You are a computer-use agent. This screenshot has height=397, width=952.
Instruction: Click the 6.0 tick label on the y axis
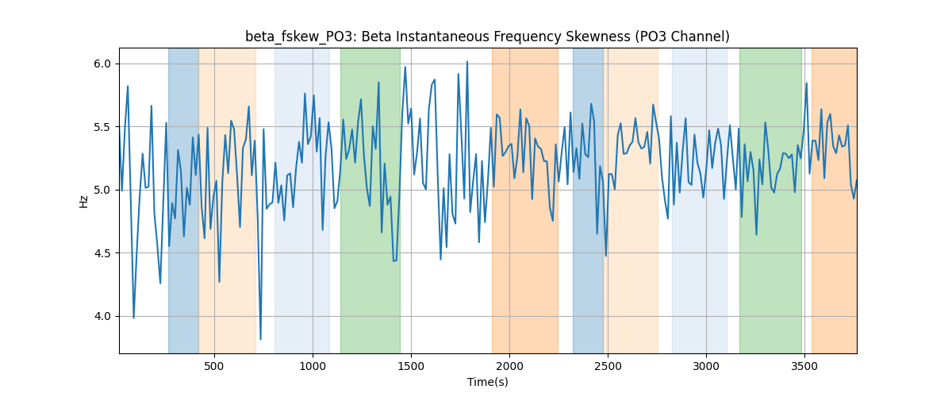tap(102, 64)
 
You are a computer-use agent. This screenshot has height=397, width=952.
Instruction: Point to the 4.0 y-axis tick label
tap(102, 317)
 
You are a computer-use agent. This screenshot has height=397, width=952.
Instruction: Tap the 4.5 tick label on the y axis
tap(102, 253)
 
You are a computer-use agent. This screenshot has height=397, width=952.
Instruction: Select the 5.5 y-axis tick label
tap(102, 127)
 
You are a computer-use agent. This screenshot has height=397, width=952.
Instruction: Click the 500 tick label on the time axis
tap(214, 366)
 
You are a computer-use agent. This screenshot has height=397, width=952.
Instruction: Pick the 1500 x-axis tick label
tap(411, 366)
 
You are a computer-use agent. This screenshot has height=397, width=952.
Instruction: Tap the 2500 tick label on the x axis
tap(608, 366)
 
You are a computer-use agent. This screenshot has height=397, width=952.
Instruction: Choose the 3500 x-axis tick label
tap(804, 366)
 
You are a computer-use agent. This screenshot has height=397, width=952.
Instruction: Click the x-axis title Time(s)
tap(488, 382)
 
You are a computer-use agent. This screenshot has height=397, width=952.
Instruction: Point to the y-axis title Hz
tap(84, 202)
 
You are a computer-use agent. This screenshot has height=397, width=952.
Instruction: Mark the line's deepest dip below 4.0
tap(260, 340)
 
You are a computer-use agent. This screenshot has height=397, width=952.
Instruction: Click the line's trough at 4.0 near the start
tap(133, 318)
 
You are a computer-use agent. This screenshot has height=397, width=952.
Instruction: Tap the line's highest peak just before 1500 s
tap(405, 67)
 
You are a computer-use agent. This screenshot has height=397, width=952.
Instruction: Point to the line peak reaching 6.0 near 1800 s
tap(467, 61)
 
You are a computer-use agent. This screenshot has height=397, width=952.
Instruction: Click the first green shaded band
tap(370, 200)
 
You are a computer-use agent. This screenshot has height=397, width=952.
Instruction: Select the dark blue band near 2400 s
tap(588, 200)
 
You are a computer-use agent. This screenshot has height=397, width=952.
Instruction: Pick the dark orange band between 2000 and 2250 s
tap(525, 200)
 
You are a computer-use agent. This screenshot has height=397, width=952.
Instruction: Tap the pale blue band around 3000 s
tap(700, 200)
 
